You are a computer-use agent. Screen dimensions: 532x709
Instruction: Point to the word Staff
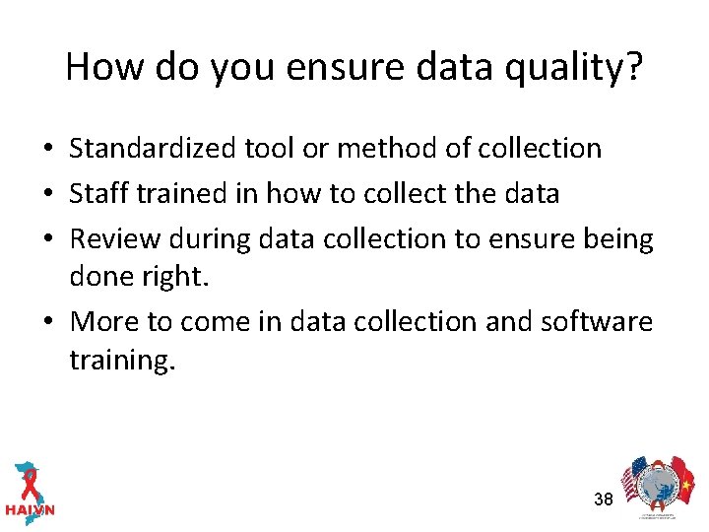[97, 193]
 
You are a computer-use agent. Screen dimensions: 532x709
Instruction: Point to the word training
[122, 361]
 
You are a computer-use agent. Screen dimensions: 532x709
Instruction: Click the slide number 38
[604, 499]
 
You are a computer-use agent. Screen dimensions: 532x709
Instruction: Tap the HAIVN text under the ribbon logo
[30, 511]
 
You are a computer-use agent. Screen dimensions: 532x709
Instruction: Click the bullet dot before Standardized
[47, 150]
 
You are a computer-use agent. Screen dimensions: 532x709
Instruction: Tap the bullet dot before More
[47, 323]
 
